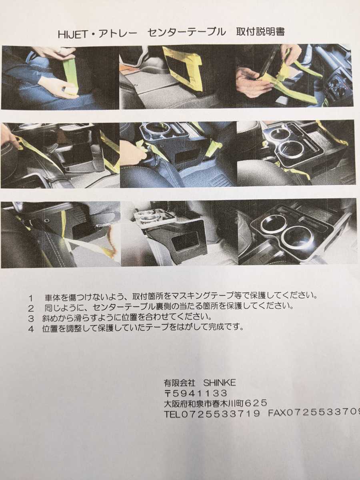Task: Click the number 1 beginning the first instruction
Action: (31, 298)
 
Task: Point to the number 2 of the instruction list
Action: (31, 308)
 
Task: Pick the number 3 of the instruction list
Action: (31, 318)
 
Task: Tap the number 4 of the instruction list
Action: (31, 328)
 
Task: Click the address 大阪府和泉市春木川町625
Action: (215, 403)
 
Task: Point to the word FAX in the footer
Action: (277, 413)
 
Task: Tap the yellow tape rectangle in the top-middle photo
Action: (182, 68)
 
